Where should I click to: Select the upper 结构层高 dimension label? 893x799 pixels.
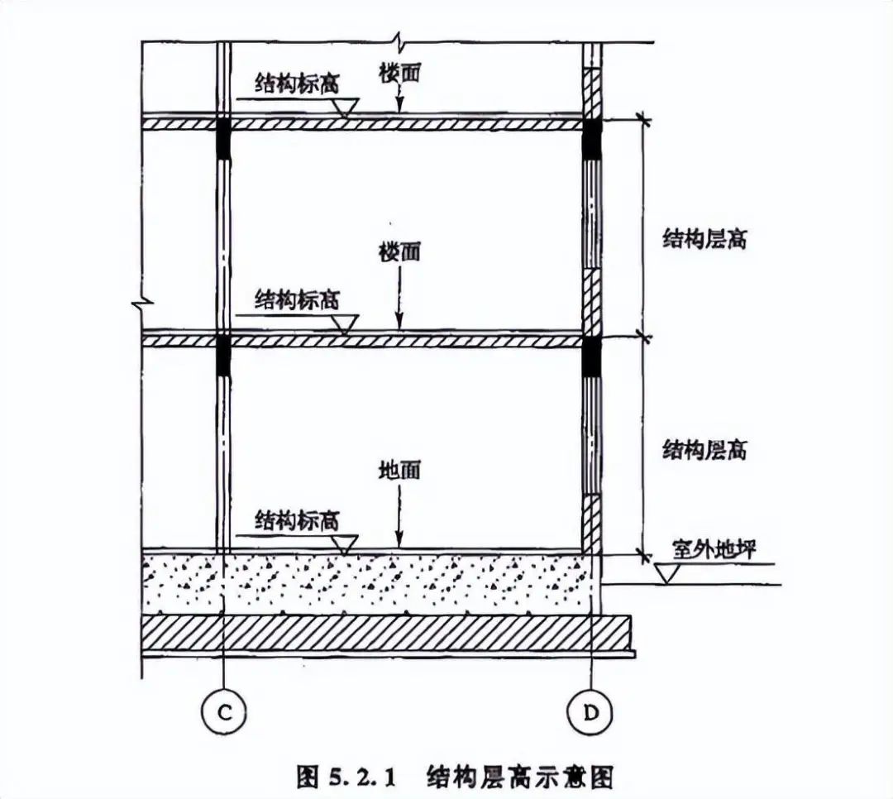(704, 240)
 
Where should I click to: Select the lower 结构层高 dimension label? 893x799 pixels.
(704, 451)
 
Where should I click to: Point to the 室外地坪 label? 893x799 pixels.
(713, 549)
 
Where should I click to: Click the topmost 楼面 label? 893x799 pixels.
(399, 73)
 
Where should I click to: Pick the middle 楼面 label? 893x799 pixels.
(399, 251)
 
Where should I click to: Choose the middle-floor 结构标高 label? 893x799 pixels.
(297, 299)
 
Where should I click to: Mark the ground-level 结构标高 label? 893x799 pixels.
(297, 519)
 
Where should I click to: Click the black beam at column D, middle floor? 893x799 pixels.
(590, 356)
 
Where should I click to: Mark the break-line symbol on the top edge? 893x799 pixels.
(399, 41)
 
